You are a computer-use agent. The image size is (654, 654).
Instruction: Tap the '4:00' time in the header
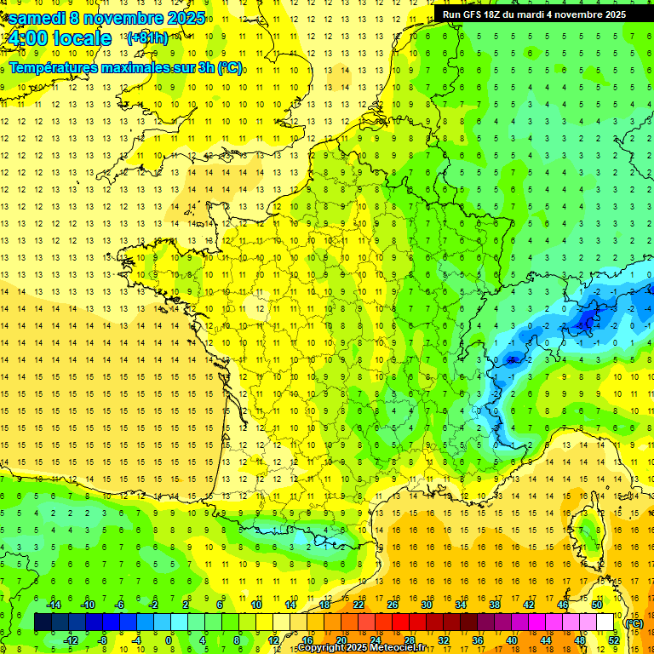(26, 38)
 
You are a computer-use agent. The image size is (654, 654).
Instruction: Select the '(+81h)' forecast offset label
(147, 38)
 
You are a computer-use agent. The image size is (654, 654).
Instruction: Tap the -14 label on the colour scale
(53, 605)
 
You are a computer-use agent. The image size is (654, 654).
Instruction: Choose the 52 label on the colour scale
(613, 640)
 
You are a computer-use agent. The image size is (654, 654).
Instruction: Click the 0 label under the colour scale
(169, 640)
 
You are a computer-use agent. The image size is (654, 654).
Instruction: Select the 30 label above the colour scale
(426, 605)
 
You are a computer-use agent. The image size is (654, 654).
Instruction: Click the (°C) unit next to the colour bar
(634, 623)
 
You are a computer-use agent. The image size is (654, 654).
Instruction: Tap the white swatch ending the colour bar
(605, 622)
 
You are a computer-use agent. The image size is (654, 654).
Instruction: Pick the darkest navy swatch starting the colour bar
(43, 622)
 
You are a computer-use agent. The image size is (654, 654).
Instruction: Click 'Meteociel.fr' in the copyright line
(391, 648)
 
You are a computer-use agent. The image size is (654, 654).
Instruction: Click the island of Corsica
(587, 532)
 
